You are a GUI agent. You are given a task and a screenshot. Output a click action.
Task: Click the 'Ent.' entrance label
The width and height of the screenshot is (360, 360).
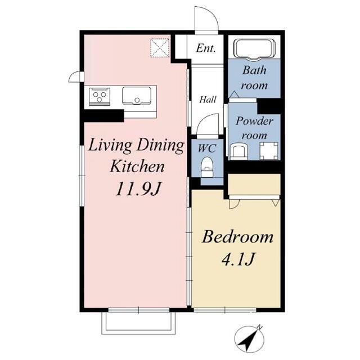click(206, 48)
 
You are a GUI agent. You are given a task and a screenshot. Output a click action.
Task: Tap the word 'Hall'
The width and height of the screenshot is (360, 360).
click(208, 100)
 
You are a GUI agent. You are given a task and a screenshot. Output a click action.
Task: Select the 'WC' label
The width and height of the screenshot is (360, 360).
click(207, 148)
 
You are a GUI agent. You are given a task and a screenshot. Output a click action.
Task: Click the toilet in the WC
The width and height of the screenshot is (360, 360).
click(207, 167)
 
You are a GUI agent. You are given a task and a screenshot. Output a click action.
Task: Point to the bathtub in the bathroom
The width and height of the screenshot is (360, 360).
click(254, 50)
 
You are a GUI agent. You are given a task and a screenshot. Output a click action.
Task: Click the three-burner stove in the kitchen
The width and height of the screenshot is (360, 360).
click(100, 96)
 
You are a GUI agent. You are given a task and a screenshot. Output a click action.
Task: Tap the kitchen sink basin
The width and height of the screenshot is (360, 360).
click(137, 96)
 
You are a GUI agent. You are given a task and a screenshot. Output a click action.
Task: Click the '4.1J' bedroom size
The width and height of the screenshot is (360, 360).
click(237, 259)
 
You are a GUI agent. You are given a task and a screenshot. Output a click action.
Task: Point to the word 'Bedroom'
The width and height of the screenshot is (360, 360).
click(237, 237)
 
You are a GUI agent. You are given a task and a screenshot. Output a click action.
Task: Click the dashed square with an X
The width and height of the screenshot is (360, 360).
click(160, 48)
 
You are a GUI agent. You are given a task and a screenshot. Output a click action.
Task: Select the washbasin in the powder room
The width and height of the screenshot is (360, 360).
click(239, 151)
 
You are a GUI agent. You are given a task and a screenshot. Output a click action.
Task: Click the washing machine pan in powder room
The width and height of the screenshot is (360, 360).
click(269, 151)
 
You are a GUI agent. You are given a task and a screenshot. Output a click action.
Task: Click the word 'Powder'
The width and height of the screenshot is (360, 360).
click(254, 121)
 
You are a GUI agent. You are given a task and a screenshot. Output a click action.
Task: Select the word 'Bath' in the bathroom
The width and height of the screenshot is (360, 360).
click(254, 70)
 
